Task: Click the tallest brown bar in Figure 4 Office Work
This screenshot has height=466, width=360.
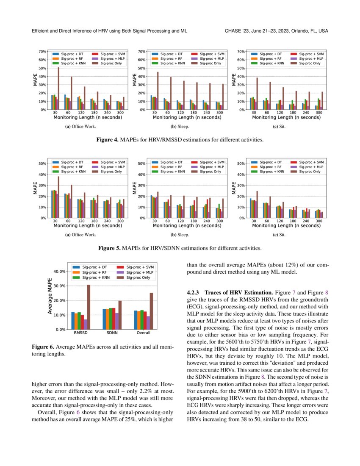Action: coord(58,89)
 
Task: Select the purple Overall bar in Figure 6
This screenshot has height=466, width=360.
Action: coord(148,322)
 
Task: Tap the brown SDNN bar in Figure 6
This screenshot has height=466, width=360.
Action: coord(120,315)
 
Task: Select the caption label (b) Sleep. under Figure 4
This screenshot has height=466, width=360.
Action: coord(180,126)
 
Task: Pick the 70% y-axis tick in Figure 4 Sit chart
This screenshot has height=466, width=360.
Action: coord(241,51)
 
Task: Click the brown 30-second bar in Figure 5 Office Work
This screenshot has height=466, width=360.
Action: coord(58,197)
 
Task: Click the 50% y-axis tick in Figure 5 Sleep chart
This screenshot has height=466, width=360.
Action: coord(142,164)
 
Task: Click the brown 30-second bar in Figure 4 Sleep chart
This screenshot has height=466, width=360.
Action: coord(158,91)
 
